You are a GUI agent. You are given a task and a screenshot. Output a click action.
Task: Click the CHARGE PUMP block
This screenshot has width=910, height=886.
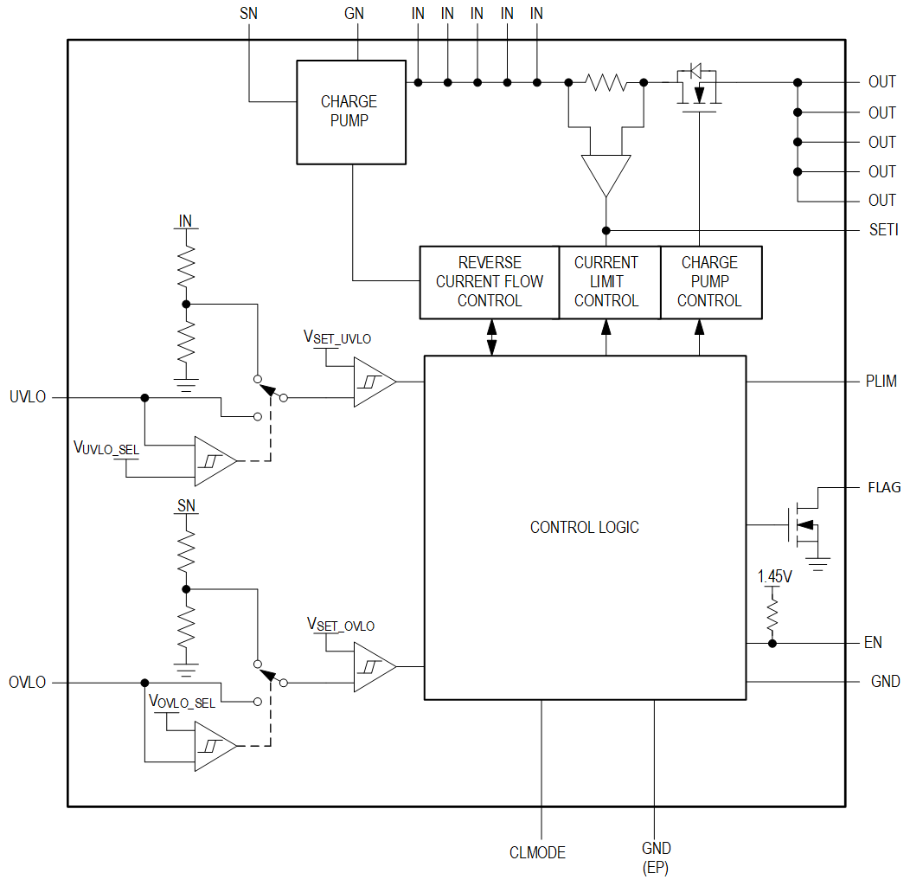click(x=350, y=112)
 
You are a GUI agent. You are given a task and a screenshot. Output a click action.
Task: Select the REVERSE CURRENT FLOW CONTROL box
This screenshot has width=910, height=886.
click(x=489, y=282)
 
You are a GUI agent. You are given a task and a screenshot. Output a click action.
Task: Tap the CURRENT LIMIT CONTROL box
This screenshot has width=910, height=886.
click(x=606, y=282)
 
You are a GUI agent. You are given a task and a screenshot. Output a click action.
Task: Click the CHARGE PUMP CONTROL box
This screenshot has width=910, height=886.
click(x=709, y=282)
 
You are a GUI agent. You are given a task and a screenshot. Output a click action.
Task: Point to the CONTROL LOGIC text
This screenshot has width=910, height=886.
click(x=584, y=527)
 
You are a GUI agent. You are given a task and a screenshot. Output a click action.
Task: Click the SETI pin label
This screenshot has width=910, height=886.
click(x=883, y=230)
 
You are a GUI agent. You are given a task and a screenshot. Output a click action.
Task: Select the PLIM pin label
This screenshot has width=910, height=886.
click(x=881, y=381)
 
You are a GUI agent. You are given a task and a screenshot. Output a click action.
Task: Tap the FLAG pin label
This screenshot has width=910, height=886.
click(x=884, y=488)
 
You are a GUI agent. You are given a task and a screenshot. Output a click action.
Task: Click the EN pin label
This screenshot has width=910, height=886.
click(x=874, y=643)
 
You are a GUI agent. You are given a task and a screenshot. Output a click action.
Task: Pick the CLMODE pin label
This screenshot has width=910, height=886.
click(x=537, y=852)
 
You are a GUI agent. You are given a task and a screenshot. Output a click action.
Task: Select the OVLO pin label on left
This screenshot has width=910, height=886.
click(x=27, y=683)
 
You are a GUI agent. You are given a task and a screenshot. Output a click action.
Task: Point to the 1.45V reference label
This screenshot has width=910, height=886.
click(x=774, y=575)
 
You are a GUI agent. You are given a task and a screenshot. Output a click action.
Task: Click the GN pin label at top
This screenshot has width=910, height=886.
click(x=354, y=14)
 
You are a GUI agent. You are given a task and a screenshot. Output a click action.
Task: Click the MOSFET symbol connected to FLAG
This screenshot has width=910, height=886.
click(x=800, y=523)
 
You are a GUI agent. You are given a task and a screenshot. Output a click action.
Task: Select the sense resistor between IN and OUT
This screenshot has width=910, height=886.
click(x=606, y=82)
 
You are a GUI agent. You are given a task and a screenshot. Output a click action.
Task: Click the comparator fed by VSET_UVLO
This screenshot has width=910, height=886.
click(x=373, y=382)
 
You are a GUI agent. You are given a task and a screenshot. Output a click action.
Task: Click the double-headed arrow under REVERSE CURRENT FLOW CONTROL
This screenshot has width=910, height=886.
click(x=492, y=337)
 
